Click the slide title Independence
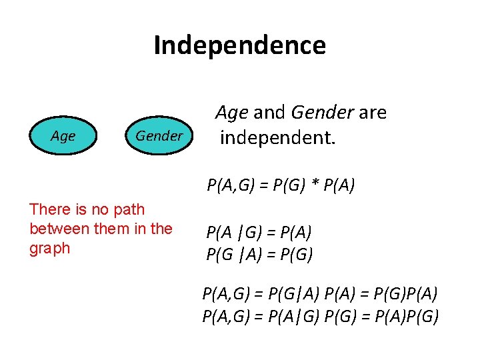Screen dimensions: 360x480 [x=239, y=45]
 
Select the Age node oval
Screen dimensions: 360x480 [x=63, y=136]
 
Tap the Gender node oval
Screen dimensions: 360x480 [x=159, y=136]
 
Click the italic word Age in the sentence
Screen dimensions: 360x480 [x=232, y=113]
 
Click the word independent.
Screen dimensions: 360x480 [x=278, y=138]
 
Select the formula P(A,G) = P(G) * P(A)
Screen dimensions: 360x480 [x=280, y=185]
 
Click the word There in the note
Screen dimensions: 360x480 [x=49, y=209]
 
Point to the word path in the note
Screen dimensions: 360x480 [x=129, y=209]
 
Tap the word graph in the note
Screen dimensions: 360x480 [x=49, y=248]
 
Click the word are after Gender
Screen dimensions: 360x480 [x=373, y=113]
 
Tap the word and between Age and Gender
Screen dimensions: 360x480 [x=269, y=113]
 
